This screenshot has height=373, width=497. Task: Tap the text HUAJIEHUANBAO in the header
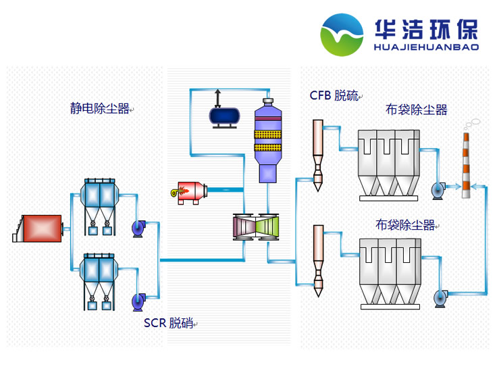point(426,47)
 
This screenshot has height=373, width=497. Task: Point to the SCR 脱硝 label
point(168,323)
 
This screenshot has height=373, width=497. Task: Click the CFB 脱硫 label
point(334,95)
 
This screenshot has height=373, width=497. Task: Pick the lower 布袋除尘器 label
point(405,225)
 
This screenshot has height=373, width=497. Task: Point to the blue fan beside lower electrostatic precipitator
point(140,299)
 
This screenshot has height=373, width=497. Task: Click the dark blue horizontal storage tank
point(225,117)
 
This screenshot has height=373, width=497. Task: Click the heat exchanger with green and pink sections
point(256,226)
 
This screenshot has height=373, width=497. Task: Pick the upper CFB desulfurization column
point(317,152)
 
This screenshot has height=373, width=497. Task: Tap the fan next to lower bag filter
point(441,295)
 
